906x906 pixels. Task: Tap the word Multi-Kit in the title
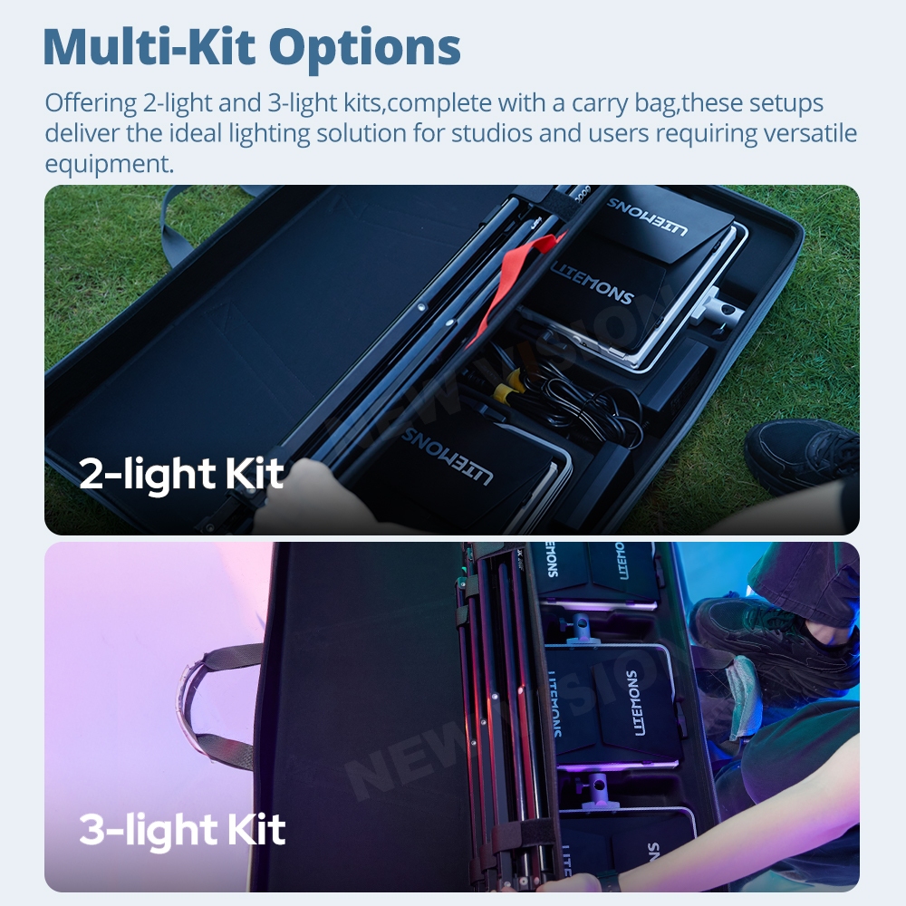point(149,45)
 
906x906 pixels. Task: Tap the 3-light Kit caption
point(182,829)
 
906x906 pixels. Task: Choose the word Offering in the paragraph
point(91,104)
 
